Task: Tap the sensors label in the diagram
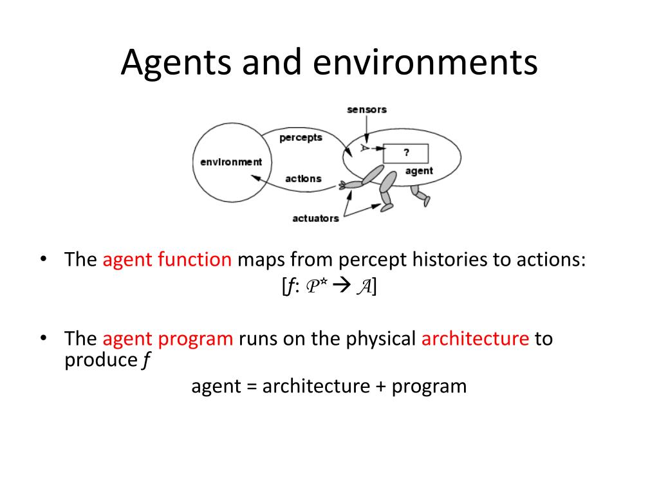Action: [x=367, y=109]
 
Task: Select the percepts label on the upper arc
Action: [x=301, y=138]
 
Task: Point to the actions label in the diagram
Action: [x=303, y=179]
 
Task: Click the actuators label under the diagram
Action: [x=315, y=218]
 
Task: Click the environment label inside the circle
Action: [x=231, y=162]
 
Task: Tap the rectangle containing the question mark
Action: [x=406, y=154]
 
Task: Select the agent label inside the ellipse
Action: [x=419, y=171]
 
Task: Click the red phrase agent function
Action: [x=167, y=260]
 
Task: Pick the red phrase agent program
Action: [x=167, y=339]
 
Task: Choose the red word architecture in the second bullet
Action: [x=475, y=339]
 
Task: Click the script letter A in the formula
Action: [x=363, y=288]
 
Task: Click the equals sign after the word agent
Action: [x=252, y=387]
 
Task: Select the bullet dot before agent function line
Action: [x=43, y=260]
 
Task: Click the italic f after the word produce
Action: [x=145, y=361]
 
